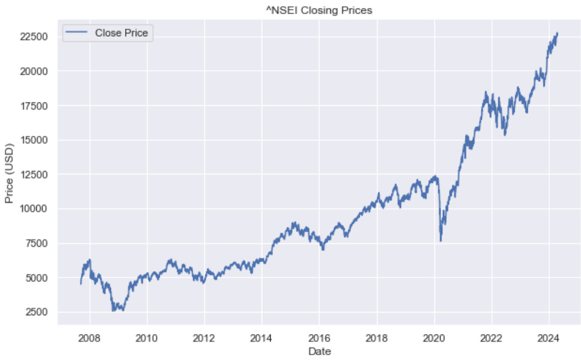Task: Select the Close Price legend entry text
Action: click(121, 33)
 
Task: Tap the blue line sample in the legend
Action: click(77, 33)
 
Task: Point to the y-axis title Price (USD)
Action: click(9, 172)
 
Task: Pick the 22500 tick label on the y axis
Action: click(35, 37)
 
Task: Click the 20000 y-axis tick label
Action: click(35, 71)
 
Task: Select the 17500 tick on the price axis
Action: click(35, 106)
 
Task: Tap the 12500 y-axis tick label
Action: click(35, 174)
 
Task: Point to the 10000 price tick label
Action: click(35, 209)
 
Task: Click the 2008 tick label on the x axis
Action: click(89, 338)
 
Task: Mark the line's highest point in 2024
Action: click(557, 33)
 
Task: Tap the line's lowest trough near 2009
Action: click(113, 311)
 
